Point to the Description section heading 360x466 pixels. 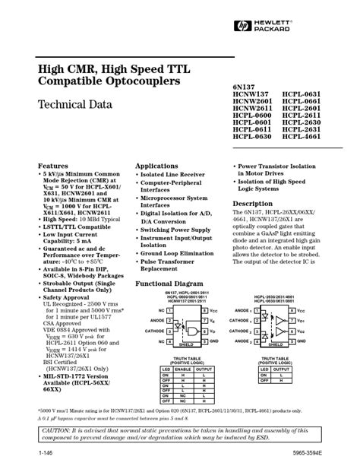[x=252, y=204]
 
